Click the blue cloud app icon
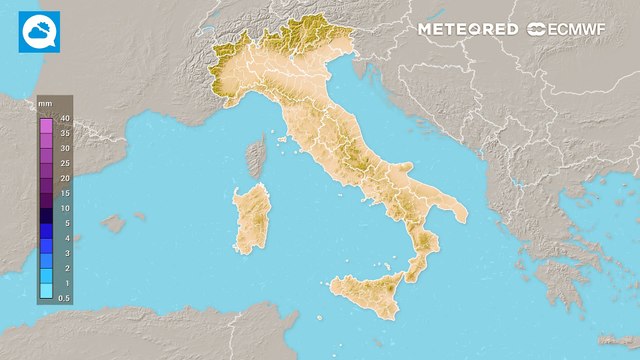click(x=38, y=32)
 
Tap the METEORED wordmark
click(x=468, y=30)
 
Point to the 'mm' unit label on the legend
click(x=44, y=104)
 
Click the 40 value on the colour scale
click(x=63, y=119)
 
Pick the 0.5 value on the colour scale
click(x=63, y=298)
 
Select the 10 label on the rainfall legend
click(x=63, y=207)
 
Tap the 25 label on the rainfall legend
click(x=63, y=162)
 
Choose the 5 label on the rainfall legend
click(x=63, y=223)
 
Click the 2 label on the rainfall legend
click(x=63, y=268)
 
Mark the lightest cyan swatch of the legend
click(x=46, y=291)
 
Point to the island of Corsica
click(x=256, y=158)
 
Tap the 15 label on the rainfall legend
click(x=63, y=192)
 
